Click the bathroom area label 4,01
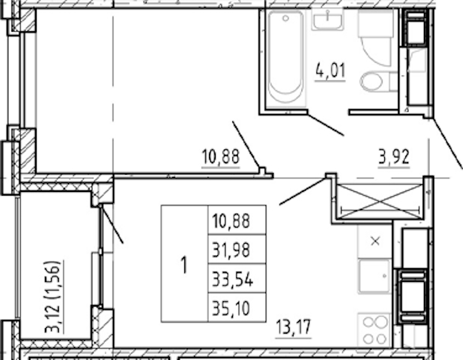[x=330, y=71]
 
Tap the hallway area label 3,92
[x=394, y=157]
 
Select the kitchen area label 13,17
[x=293, y=327]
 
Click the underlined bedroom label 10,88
[x=220, y=157]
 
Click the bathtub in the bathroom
[x=286, y=58]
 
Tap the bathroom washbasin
[x=328, y=20]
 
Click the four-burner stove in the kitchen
[x=374, y=330]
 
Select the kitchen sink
[x=374, y=276]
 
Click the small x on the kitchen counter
[x=375, y=242]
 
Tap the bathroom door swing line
[x=325, y=125]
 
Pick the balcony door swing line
[x=112, y=224]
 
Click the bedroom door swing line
[x=246, y=145]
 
